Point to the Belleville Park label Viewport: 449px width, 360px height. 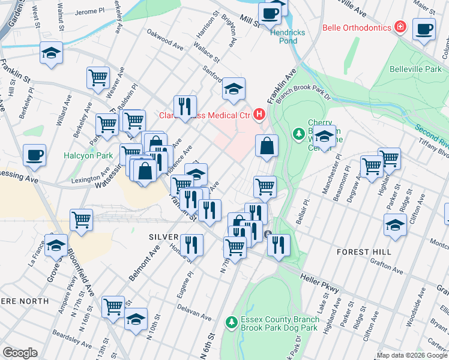[415, 70]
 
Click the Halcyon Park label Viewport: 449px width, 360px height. [88, 156]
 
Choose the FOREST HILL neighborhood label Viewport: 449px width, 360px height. [364, 252]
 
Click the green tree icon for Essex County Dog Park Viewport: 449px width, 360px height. [231, 323]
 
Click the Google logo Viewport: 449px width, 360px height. [20, 353]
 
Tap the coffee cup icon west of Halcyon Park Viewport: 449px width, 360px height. [34, 155]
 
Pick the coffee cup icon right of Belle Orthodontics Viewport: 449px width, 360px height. [424, 28]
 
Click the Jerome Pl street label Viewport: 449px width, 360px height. [86, 11]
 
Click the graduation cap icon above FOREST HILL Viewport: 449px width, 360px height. [394, 225]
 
